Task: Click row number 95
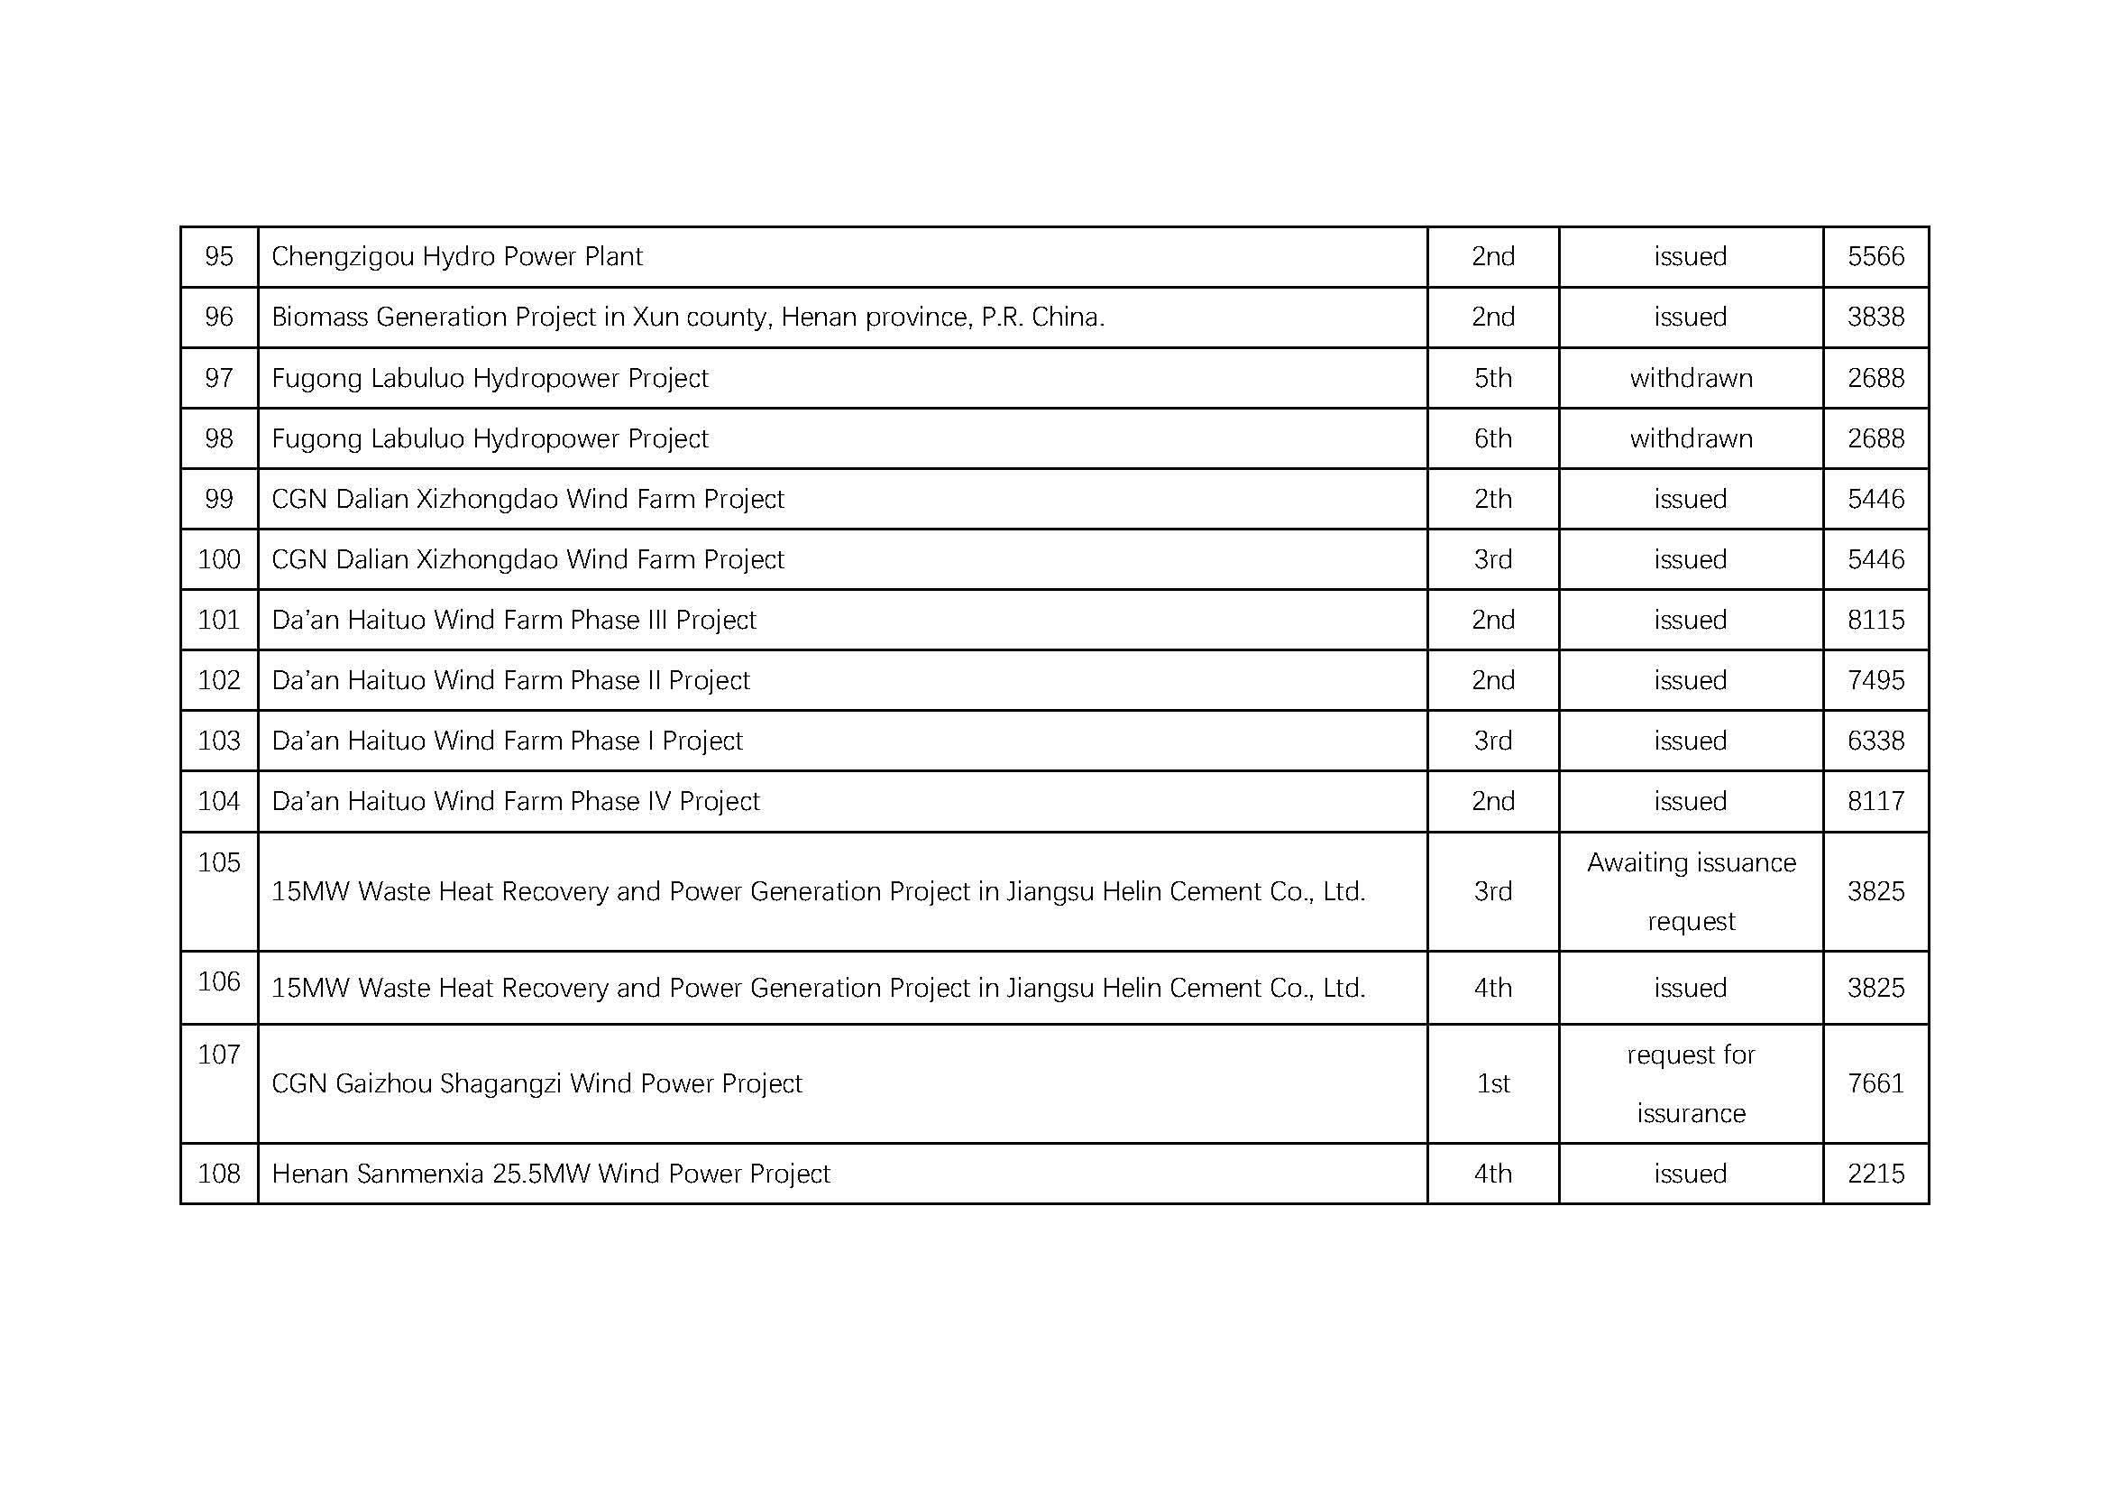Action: (x=218, y=256)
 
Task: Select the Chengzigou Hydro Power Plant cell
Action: (x=456, y=256)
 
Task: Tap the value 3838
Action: (x=1875, y=317)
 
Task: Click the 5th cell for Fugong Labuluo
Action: (x=1492, y=378)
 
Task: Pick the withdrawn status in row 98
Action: (x=1690, y=438)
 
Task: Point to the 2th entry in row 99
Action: (x=1492, y=499)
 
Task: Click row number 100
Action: (x=218, y=559)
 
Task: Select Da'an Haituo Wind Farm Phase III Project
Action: (x=513, y=620)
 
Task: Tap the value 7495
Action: (x=1875, y=681)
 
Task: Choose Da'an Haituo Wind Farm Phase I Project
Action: (x=507, y=741)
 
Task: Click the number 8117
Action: (x=1875, y=801)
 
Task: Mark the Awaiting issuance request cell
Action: (x=1690, y=891)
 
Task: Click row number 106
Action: (x=218, y=982)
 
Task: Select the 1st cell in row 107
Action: (x=1492, y=1084)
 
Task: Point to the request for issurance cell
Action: (x=1690, y=1084)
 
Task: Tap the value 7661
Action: (x=1875, y=1084)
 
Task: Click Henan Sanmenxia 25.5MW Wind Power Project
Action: (x=550, y=1174)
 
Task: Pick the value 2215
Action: (x=1875, y=1174)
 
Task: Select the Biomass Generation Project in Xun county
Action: (x=687, y=317)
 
